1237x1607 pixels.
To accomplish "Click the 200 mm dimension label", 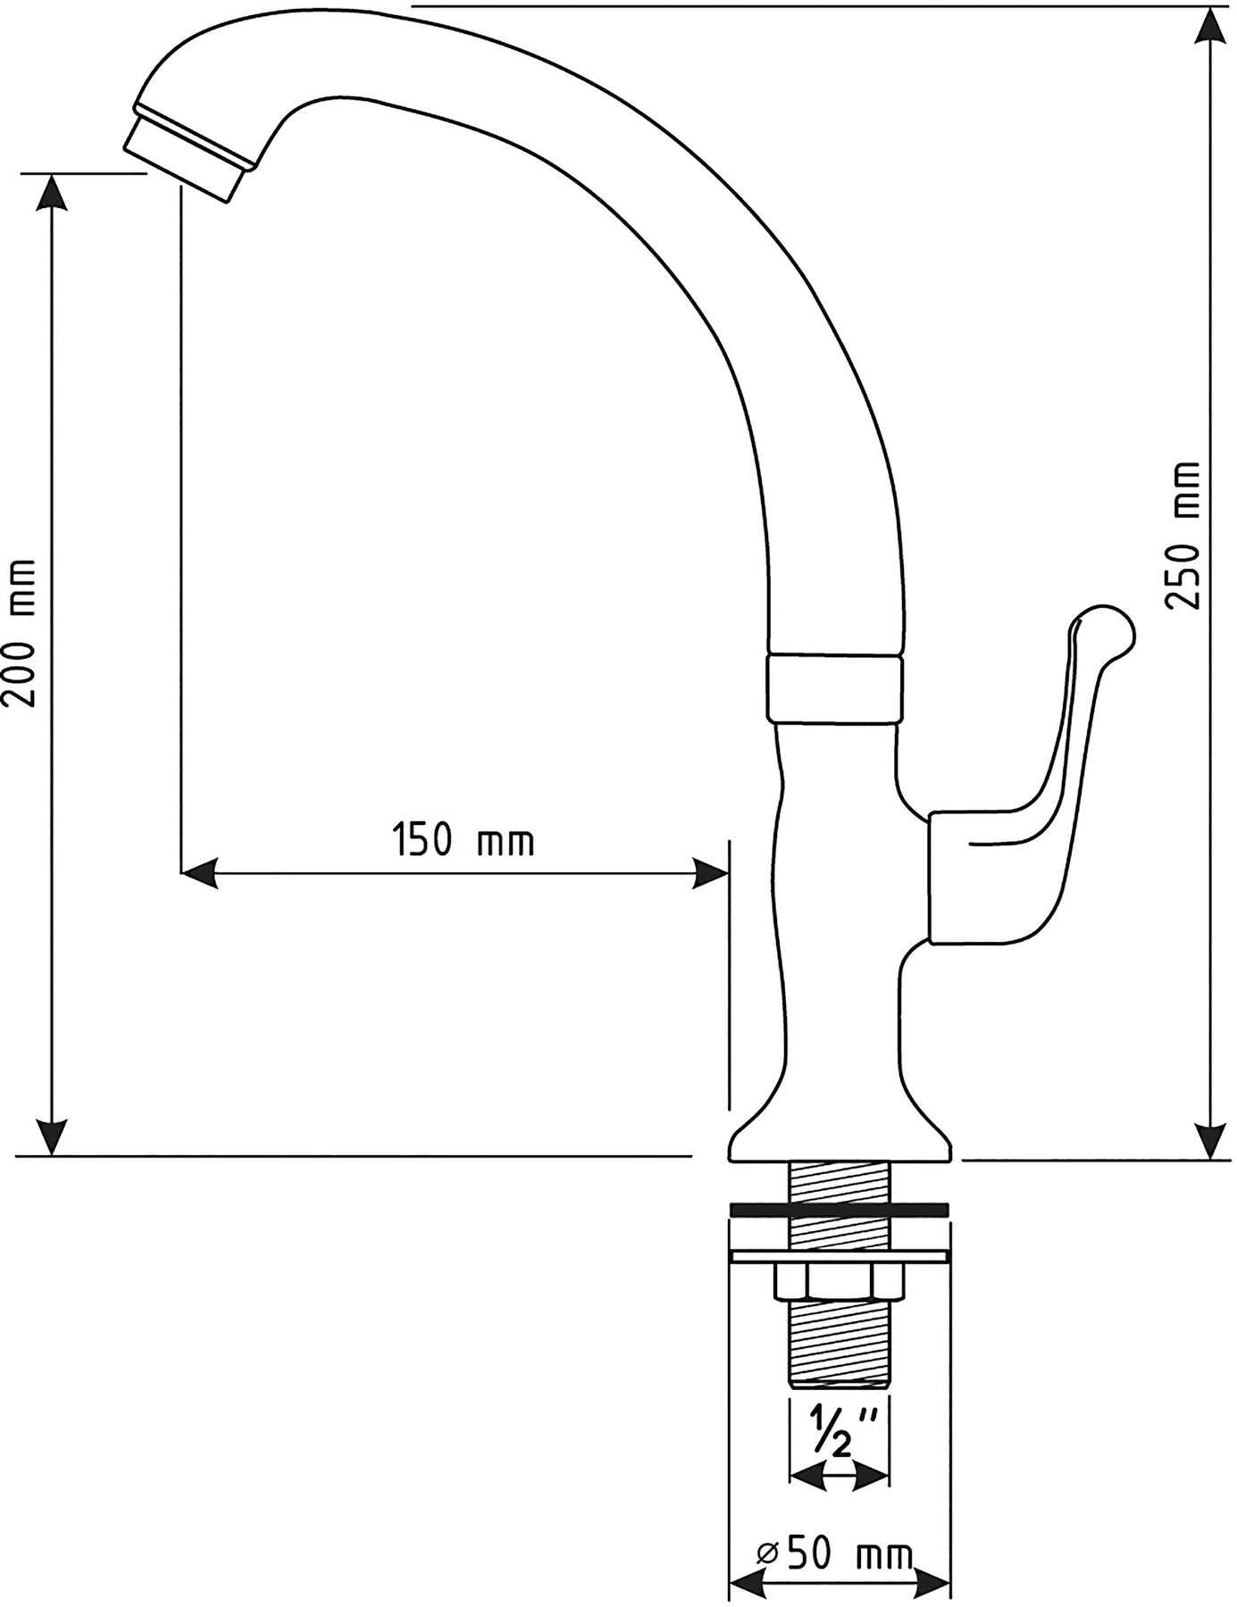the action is [20, 633].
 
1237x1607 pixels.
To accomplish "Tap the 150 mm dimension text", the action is [464, 841].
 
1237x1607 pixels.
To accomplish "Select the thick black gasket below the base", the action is [839, 1210].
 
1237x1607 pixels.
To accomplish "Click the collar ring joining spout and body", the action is [833, 688].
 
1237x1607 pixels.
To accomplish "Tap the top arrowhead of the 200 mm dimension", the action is [53, 193].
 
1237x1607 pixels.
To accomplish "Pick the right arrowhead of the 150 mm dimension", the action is [710, 873].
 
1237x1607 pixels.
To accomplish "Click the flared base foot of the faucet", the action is [840, 1129].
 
